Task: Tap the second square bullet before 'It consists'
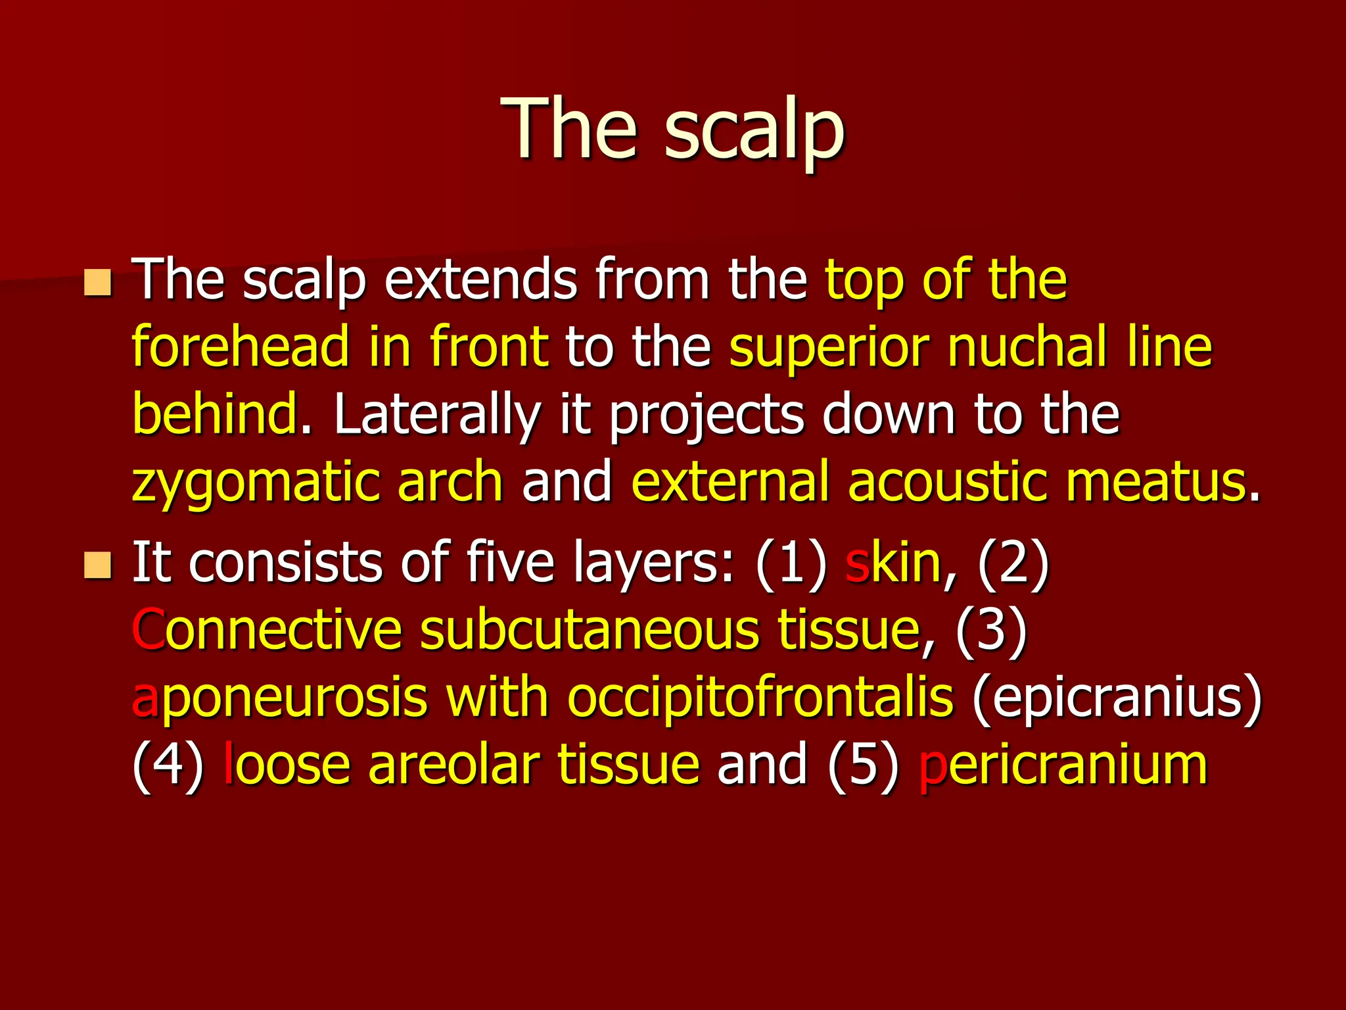98,565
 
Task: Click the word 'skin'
893,563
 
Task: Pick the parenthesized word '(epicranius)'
1117,698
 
